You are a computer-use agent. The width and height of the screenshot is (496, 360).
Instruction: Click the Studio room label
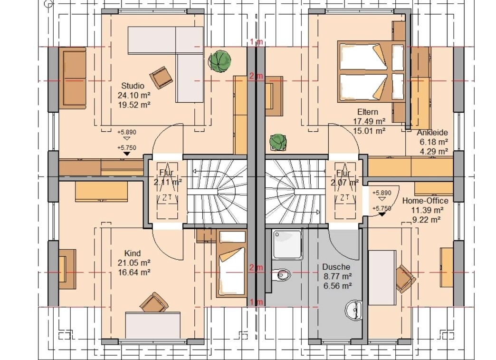point(133,86)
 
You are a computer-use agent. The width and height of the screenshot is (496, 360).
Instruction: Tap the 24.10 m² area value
point(134,95)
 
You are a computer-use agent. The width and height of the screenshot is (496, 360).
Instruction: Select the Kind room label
point(133,253)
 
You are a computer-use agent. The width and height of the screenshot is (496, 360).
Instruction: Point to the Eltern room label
point(368,112)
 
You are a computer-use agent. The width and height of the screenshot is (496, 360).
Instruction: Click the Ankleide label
point(432,132)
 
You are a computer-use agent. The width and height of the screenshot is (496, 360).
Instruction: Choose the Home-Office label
point(425,201)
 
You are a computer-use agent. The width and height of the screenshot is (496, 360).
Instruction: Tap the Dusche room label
point(336,267)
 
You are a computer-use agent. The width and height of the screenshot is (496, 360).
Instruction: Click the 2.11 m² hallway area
point(168,182)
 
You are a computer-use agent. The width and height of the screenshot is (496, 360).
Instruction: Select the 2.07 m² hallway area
point(344,182)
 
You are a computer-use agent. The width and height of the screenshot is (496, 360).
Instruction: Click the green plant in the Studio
point(219,61)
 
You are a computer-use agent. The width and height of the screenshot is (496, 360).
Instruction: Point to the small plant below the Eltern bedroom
point(278,142)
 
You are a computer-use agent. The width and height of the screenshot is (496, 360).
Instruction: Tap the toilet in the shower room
point(281,275)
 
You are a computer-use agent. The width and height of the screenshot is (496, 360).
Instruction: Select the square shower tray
point(287,244)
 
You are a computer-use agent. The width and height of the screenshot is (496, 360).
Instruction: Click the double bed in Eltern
point(371,71)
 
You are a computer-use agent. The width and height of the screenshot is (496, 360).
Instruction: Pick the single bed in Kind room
point(231,264)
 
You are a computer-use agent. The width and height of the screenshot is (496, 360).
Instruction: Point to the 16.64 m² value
point(134,272)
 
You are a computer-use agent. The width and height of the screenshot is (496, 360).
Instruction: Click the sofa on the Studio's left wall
point(73,78)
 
